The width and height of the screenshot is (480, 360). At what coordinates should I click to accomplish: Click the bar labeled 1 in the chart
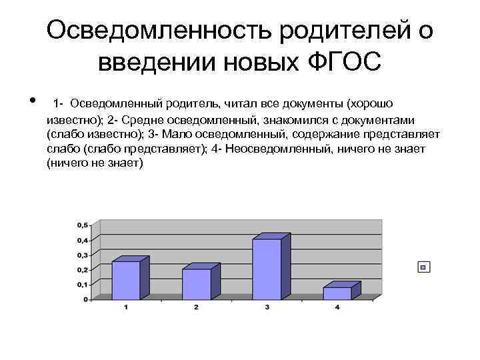tap(126, 280)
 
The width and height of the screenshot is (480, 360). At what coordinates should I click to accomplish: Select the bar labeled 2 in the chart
tap(196, 284)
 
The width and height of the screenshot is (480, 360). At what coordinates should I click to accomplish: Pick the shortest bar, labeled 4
tap(337, 293)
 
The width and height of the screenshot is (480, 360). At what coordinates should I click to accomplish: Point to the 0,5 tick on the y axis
tap(81, 225)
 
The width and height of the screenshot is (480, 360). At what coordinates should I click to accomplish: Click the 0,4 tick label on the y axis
tap(81, 240)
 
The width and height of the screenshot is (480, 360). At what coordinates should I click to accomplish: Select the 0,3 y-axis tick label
tap(81, 255)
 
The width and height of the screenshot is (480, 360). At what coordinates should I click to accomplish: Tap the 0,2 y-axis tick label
tap(81, 269)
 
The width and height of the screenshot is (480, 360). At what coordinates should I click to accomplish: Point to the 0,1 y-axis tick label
tap(81, 285)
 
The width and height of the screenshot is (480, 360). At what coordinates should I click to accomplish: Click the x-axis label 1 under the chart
tap(126, 307)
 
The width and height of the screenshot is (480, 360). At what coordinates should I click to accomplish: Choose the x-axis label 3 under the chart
tap(267, 307)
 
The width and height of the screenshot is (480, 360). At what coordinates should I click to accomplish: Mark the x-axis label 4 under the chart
tap(337, 307)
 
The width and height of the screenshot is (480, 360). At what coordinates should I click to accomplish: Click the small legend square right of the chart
tap(423, 267)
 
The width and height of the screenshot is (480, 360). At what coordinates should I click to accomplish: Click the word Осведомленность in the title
tap(159, 31)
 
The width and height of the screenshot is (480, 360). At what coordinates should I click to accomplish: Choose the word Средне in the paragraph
tap(137, 119)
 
